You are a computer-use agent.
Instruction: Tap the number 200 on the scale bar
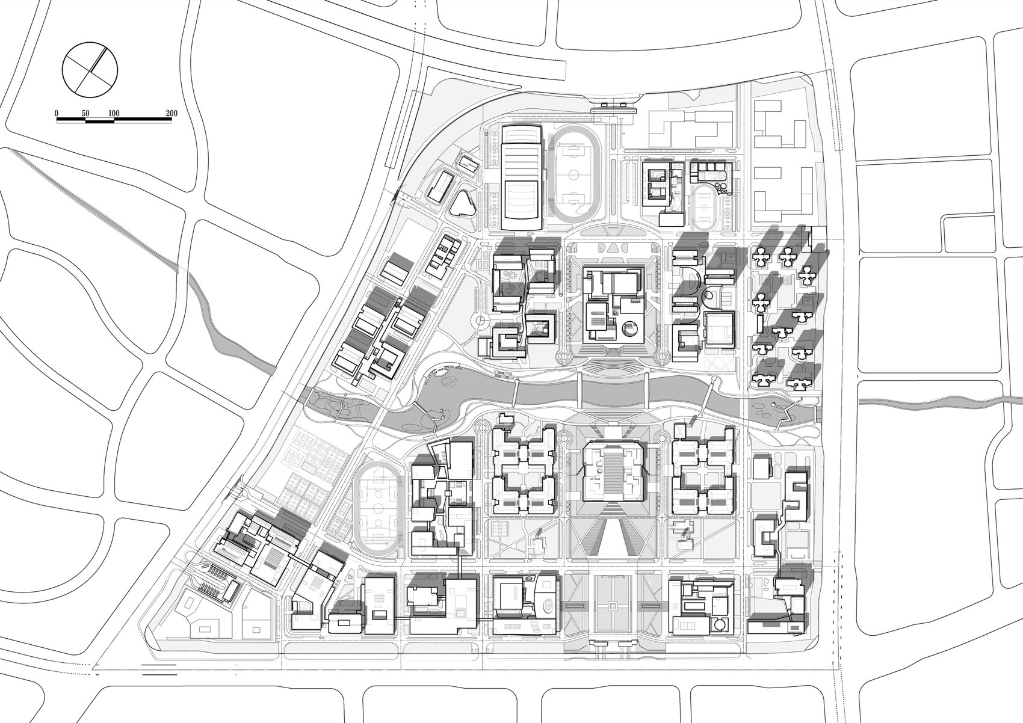[171, 113]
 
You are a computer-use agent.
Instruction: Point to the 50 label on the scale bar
[85, 113]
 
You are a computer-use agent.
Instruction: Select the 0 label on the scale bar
[57, 113]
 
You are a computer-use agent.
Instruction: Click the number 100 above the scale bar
[114, 113]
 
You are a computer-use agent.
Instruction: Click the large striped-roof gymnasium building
[522, 177]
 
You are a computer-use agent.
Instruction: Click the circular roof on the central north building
[629, 328]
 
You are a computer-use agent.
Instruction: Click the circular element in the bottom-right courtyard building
[717, 626]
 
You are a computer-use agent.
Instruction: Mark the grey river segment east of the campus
[939, 401]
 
